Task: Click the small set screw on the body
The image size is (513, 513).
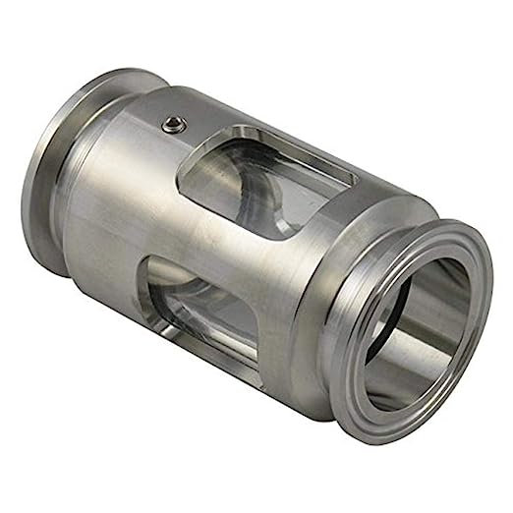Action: coord(174,123)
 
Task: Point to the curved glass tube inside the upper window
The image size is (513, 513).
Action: coord(246,197)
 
